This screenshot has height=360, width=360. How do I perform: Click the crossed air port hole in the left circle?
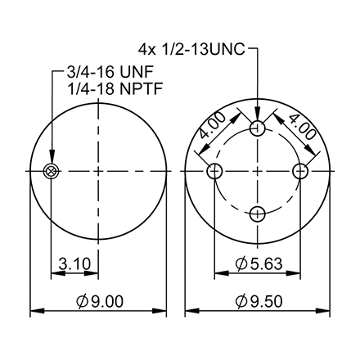click(x=52, y=170)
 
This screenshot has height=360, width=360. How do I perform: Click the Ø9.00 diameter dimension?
click(x=98, y=302)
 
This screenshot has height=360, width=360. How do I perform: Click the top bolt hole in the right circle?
click(x=259, y=128)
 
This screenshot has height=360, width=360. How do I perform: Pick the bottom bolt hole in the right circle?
click(x=259, y=214)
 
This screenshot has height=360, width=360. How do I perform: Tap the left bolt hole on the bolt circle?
click(x=216, y=170)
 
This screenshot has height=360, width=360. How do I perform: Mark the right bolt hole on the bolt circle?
click(x=301, y=170)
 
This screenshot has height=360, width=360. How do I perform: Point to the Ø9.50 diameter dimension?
click(x=259, y=302)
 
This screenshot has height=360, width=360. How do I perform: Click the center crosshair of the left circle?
click(x=98, y=170)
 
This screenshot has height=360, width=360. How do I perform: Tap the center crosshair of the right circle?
click(x=259, y=170)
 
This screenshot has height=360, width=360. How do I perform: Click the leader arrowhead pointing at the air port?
click(x=52, y=161)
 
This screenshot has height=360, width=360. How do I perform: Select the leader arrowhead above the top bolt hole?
click(x=259, y=119)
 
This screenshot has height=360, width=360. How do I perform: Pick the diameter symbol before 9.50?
click(x=241, y=302)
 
